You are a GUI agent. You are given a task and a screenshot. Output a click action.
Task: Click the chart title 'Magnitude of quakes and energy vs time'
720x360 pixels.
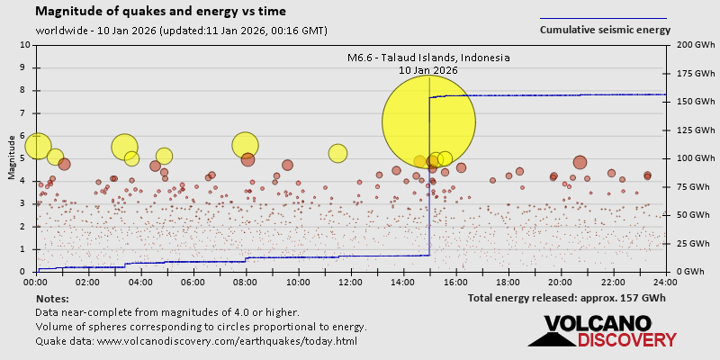[x=161, y=12]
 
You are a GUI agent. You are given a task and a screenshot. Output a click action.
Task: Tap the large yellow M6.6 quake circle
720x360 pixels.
[x=428, y=121]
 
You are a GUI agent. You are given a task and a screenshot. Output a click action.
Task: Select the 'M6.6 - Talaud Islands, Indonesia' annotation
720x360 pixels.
[x=428, y=58]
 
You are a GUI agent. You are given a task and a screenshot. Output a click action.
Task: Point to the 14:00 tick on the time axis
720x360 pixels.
[x=403, y=282]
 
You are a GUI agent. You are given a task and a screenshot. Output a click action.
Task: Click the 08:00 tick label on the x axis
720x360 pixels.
[x=246, y=282]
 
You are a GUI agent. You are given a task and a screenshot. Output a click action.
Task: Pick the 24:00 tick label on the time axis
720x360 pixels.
[x=665, y=282]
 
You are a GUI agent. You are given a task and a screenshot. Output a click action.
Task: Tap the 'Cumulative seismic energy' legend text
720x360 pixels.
[x=605, y=30]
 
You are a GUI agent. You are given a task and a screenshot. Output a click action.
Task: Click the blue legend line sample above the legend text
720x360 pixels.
[x=603, y=18]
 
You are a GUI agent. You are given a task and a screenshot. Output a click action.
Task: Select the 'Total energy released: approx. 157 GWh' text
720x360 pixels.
[x=567, y=298]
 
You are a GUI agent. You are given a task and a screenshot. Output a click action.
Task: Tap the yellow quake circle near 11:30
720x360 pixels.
[x=337, y=153]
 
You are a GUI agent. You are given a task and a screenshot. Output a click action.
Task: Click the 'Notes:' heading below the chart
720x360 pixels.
[x=52, y=298]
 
